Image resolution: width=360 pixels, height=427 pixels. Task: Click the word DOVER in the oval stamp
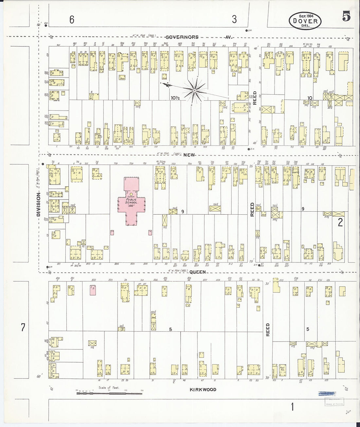coord(305,21)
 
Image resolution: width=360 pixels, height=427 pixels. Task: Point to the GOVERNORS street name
coord(182,37)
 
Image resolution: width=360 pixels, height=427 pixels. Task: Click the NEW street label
coord(189,155)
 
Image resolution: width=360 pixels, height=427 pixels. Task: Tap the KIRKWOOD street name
coord(203,389)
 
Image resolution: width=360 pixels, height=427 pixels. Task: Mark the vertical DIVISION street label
coord(38,204)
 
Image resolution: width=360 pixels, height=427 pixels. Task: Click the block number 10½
coord(175,98)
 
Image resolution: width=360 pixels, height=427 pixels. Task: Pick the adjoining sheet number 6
coord(72,20)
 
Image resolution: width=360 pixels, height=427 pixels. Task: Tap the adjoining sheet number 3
coord(234,19)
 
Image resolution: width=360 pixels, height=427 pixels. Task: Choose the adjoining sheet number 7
coord(23,327)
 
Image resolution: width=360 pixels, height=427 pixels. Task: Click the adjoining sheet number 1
coord(292,407)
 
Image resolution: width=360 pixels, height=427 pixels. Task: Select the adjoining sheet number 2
coord(340,222)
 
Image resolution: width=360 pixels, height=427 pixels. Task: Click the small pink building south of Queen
coord(93,290)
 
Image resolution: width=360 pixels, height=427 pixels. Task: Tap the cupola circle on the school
coord(131,194)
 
